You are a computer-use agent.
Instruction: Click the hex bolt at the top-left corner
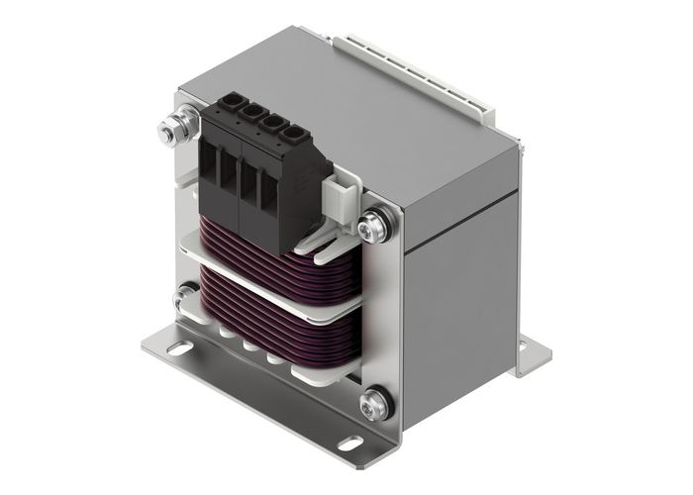coord(170,131)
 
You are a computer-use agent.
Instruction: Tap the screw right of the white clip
coord(374,227)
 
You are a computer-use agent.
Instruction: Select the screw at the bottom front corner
coord(374,403)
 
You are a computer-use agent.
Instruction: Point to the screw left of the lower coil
coord(184,297)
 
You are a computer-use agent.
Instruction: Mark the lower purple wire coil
coord(272,327)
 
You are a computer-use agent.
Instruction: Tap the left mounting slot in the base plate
coord(177,347)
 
